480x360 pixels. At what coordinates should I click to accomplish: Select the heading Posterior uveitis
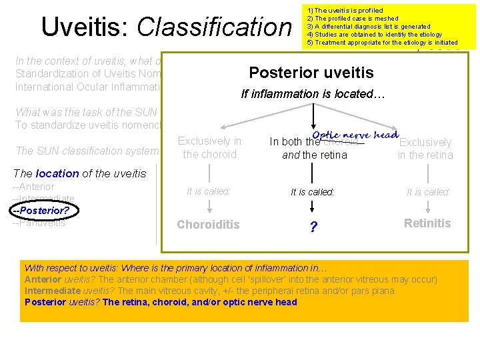point(311,73)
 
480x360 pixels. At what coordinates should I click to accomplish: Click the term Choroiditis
point(208,225)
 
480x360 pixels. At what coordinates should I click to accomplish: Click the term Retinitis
point(427,223)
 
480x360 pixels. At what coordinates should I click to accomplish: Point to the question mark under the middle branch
point(313,227)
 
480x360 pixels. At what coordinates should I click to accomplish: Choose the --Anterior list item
point(34,187)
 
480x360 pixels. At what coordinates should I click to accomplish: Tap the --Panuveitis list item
point(39,223)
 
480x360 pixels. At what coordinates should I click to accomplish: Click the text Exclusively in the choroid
point(209,147)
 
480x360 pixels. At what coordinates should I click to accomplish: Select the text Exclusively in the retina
point(425,149)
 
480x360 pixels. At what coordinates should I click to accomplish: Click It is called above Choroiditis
point(209,191)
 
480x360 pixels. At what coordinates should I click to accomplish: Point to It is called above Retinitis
point(429,192)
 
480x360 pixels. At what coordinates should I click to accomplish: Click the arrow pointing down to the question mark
point(313,207)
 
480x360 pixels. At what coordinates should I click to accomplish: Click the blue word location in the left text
point(57,173)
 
